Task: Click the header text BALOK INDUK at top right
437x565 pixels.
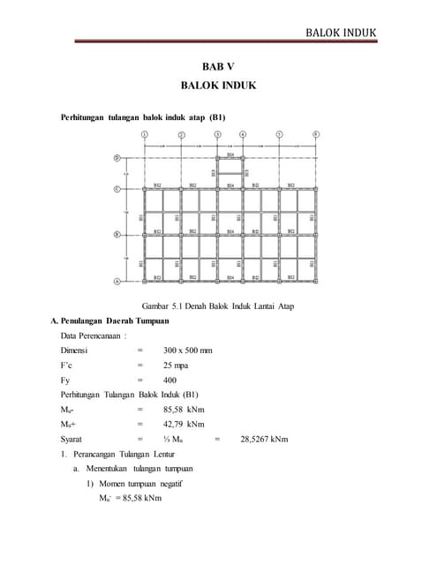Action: [x=340, y=34]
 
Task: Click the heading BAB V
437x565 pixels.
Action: [x=218, y=67]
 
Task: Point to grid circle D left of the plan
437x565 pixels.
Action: [x=117, y=159]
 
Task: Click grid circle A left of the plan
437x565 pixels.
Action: [x=117, y=282]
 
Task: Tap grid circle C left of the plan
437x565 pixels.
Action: [x=117, y=189]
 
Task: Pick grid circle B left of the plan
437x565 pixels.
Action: [x=117, y=235]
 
